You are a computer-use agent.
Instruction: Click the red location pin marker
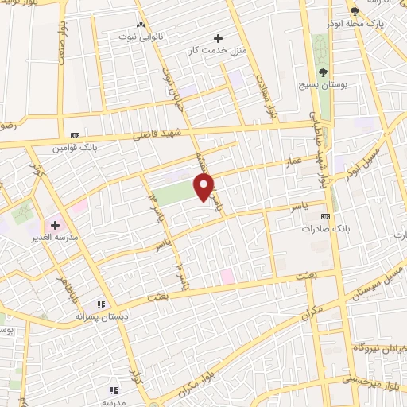204,188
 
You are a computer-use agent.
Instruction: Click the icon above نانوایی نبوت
141,25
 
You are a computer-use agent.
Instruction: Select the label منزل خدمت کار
211,51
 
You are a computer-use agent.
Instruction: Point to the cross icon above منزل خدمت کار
219,37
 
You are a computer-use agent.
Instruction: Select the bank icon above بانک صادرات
324,215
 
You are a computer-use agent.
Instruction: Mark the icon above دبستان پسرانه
100,304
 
